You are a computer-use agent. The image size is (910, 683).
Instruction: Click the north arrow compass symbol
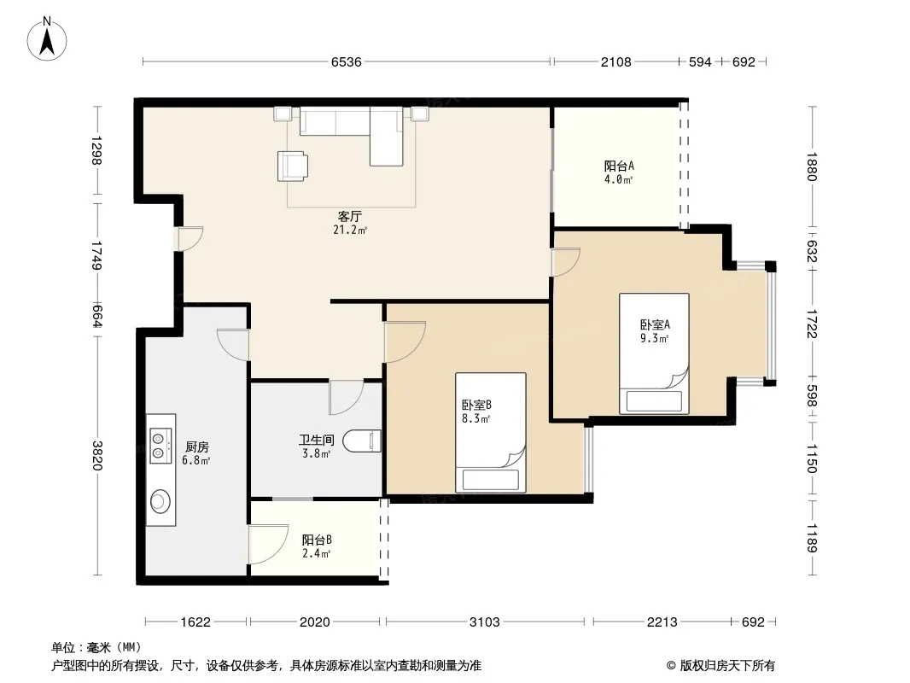pos(47,39)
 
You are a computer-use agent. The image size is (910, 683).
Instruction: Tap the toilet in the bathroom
pos(362,441)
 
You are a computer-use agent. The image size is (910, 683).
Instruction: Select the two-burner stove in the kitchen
pos(160,446)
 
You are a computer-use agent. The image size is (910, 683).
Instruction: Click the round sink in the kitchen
pos(160,501)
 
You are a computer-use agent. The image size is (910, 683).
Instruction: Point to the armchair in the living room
pos(293,166)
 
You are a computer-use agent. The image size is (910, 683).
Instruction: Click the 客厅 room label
pos(350,217)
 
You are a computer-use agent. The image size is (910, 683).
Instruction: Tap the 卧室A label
pos(656,325)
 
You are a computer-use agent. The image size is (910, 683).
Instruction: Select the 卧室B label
pos(476,405)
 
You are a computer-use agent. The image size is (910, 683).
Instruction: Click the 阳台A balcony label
pos(619,166)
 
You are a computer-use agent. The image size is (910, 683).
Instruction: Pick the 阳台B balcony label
pos(317,540)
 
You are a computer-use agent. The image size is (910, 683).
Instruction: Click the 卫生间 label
pos(317,441)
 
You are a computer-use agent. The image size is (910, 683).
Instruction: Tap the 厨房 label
pos(196,447)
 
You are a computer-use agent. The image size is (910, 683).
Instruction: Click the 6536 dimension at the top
pos(347,61)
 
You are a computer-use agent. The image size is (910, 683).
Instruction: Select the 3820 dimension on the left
pos(97,456)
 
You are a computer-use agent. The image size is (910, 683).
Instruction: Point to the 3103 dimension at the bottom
pos(485,622)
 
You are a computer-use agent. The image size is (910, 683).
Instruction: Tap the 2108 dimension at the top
pos(615,61)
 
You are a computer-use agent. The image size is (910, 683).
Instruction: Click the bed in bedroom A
pos(654,353)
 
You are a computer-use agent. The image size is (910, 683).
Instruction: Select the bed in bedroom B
pos(490,432)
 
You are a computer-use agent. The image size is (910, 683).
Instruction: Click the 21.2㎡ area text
pos(350,230)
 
